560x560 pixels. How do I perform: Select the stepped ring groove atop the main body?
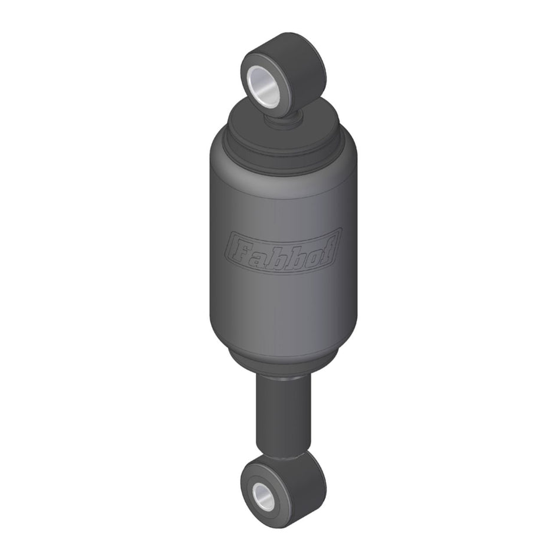[283, 147]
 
